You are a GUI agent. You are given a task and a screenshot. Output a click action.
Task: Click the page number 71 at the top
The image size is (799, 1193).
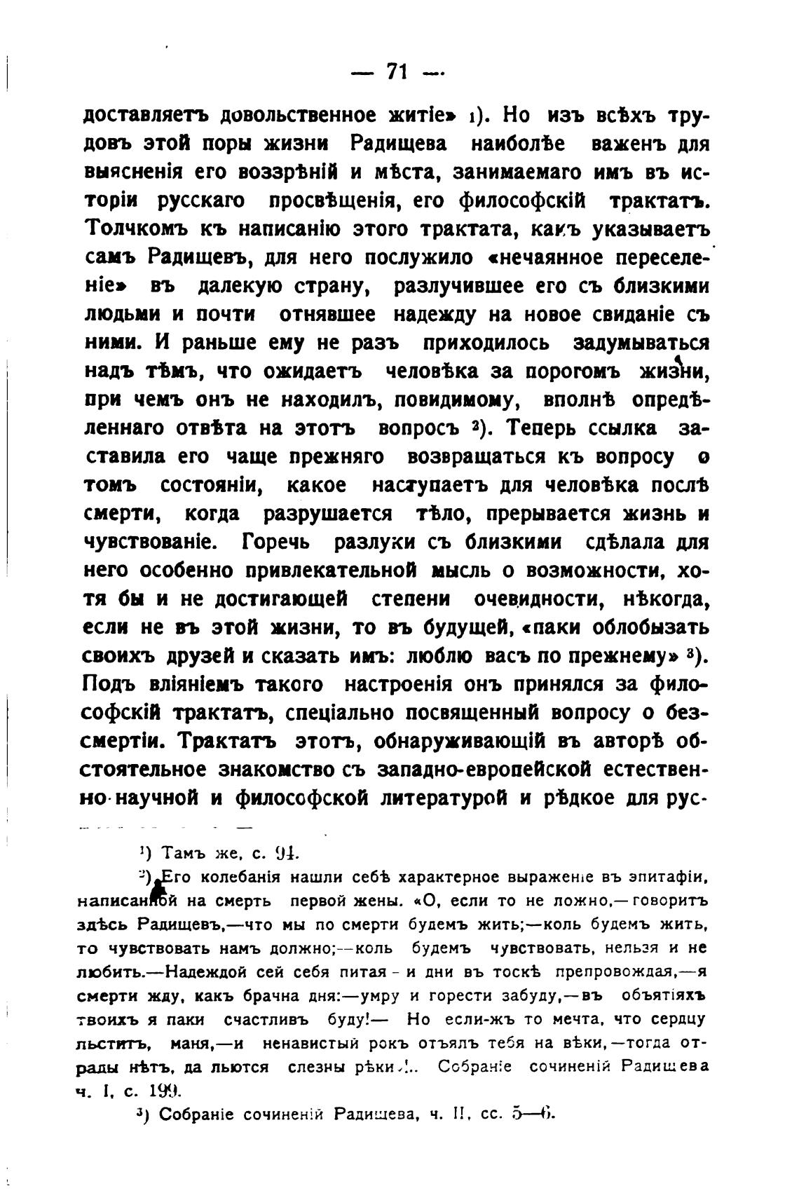click(x=397, y=72)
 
